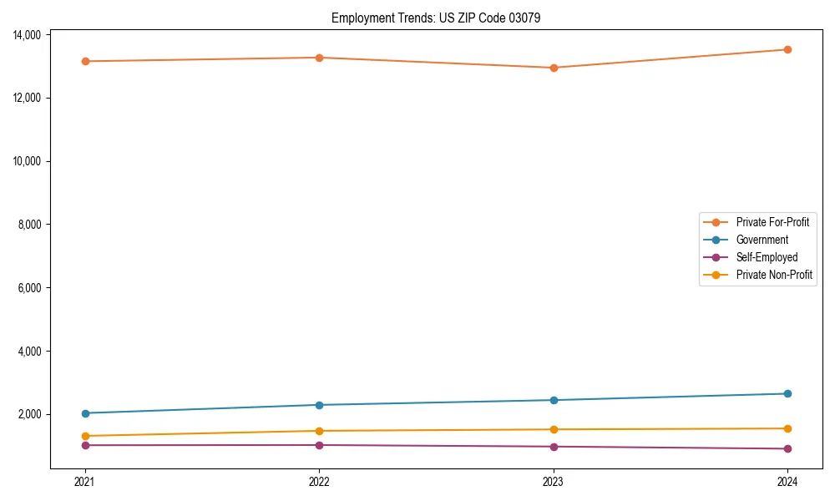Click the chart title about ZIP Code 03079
click(x=436, y=18)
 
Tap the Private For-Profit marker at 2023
click(x=554, y=68)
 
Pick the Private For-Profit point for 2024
click(x=787, y=49)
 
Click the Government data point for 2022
click(x=319, y=405)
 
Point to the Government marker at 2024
click(x=787, y=393)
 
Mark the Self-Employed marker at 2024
click(x=787, y=448)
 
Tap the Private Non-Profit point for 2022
click(x=319, y=431)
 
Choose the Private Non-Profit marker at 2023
click(x=554, y=429)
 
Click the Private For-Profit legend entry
click(x=772, y=222)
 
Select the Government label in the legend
click(x=762, y=240)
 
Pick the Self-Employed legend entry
click(x=767, y=257)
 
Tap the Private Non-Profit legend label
click(x=774, y=275)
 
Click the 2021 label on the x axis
click(x=84, y=481)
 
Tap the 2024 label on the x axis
click(x=787, y=481)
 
